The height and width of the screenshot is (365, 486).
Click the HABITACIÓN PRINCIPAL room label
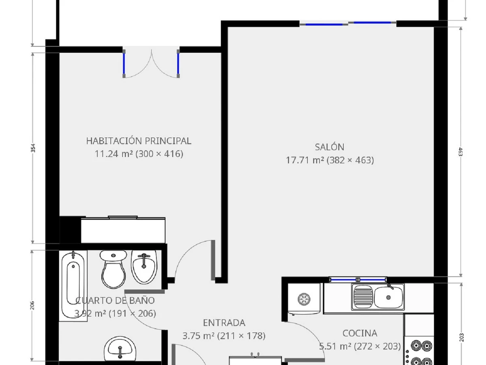click(139, 141)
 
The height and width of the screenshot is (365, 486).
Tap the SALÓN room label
click(329, 147)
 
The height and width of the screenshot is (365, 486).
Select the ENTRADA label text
click(224, 323)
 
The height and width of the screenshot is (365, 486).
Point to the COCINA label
click(360, 333)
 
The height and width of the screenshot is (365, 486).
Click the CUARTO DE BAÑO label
click(115, 301)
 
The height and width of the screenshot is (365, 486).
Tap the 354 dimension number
click(33, 148)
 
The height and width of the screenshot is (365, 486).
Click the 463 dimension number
click(460, 152)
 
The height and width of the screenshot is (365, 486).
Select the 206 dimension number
click(32, 305)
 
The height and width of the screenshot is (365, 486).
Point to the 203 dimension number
click(461, 337)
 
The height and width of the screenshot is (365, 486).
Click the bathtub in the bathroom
click(73, 286)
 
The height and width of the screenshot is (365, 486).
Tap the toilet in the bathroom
click(113, 269)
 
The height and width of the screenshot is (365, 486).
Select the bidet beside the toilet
click(144, 267)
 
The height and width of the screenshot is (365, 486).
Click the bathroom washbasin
click(120, 350)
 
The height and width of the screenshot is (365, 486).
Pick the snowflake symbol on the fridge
click(304, 299)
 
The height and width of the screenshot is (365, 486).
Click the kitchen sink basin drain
click(388, 297)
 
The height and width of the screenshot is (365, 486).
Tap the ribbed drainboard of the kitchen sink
click(363, 296)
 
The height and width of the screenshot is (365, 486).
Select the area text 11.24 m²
click(114, 154)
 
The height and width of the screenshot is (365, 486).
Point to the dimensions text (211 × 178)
click(241, 336)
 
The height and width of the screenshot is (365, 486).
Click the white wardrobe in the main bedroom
click(123, 230)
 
